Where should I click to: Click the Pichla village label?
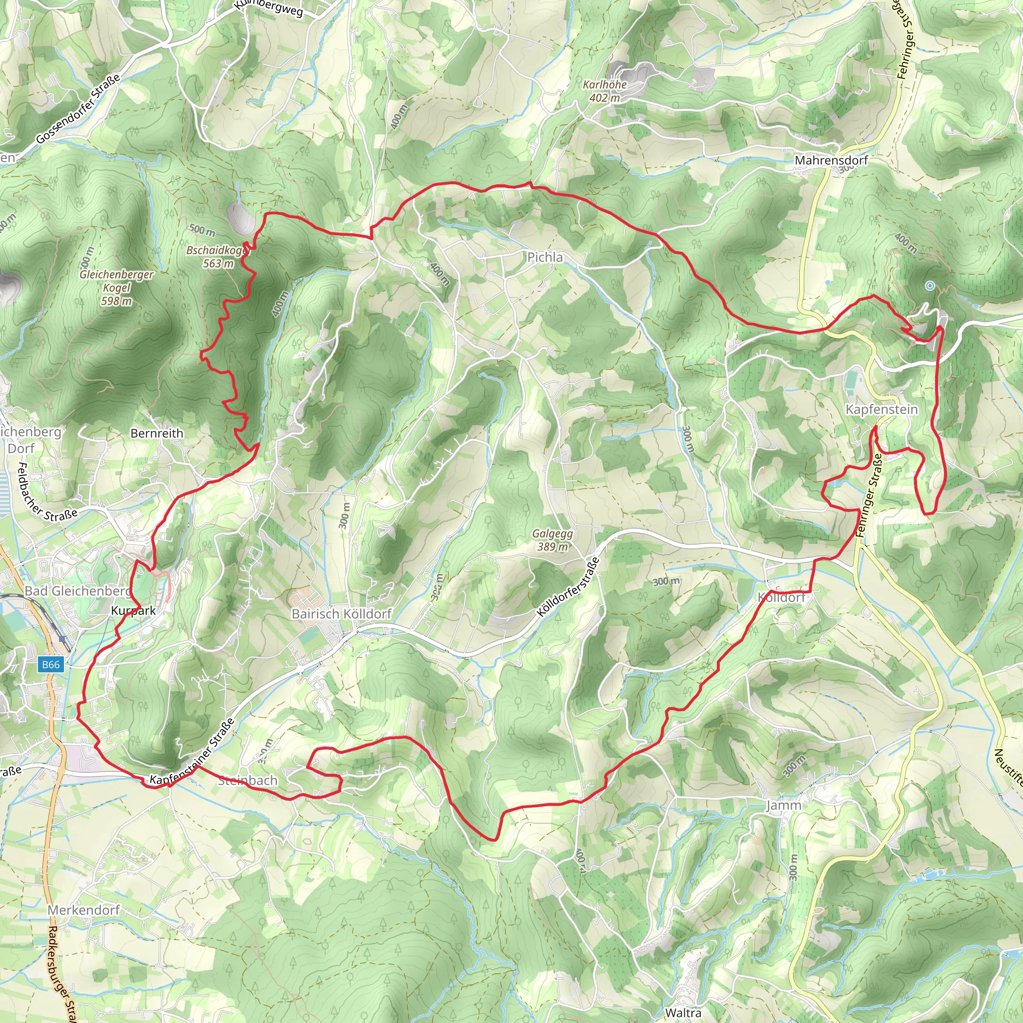pos(545,257)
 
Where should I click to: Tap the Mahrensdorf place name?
pos(831,160)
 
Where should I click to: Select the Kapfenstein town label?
pos(882,409)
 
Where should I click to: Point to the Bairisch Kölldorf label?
pos(342,614)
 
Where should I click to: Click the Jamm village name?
pos(784,805)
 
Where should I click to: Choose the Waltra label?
pos(683,1013)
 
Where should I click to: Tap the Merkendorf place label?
pos(83,910)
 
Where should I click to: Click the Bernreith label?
pos(157,433)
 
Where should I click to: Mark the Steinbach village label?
pos(248,781)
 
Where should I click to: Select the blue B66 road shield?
pos(51,664)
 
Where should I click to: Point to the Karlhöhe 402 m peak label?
pos(604,91)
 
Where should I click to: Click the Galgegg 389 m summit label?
pos(552,540)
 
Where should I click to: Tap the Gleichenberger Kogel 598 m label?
pos(116,288)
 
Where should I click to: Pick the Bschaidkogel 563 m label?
pos(217,256)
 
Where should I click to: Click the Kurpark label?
pos(133,610)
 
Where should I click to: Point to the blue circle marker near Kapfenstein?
pos(930,286)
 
